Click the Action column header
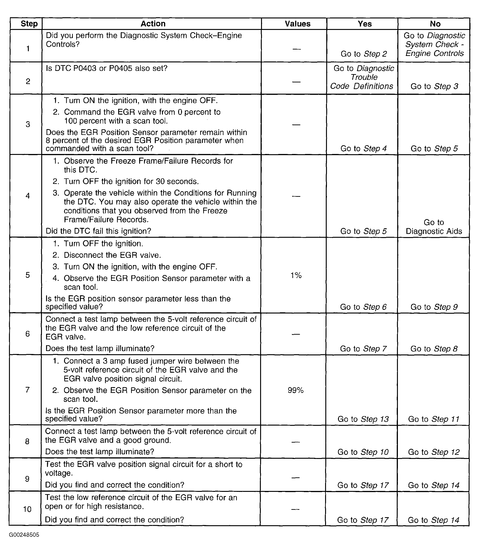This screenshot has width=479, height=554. click(153, 24)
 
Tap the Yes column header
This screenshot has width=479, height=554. click(364, 24)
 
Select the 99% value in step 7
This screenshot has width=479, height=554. click(295, 390)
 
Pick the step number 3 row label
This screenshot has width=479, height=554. click(28, 124)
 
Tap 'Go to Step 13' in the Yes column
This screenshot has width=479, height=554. click(363, 419)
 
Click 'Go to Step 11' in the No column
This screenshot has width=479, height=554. click(434, 419)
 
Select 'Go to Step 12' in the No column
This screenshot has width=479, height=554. click(434, 452)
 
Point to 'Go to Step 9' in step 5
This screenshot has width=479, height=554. click(434, 307)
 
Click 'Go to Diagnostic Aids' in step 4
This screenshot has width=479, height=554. click(434, 227)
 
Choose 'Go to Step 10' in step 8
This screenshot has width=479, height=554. click(363, 452)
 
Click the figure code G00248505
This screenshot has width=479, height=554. click(24, 535)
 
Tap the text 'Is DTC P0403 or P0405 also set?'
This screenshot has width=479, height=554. click(106, 68)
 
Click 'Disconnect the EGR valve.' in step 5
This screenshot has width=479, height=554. click(112, 255)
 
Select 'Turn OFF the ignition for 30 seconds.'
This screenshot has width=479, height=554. click(131, 182)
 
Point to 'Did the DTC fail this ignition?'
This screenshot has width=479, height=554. click(98, 231)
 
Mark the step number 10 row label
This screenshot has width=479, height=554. click(27, 509)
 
